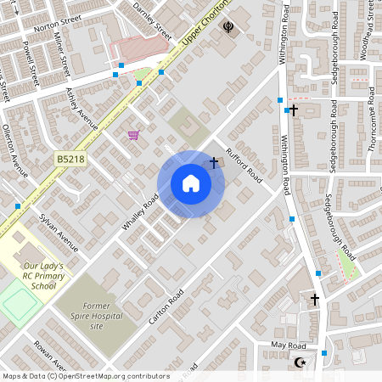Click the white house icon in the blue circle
(x=190, y=183)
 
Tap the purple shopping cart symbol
(x=133, y=134)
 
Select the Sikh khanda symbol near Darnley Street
(x=228, y=27)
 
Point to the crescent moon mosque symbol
(x=298, y=362)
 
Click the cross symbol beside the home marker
(x=214, y=161)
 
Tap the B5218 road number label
(x=71, y=158)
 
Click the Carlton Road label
(x=166, y=308)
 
